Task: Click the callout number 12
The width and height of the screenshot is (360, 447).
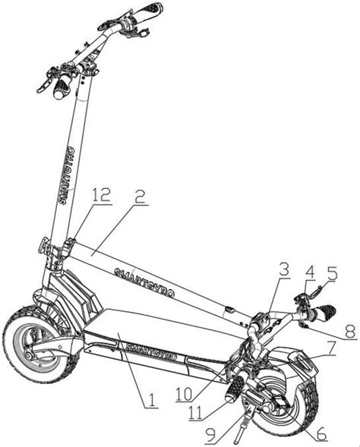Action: [100, 195]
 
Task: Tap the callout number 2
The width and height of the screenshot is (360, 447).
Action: [140, 196]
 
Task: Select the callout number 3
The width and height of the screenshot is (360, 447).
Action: [283, 269]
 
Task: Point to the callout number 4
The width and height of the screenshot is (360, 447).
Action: [310, 272]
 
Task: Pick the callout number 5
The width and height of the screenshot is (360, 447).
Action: [332, 273]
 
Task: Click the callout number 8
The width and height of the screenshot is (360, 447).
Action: [349, 332]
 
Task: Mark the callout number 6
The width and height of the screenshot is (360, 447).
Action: [321, 433]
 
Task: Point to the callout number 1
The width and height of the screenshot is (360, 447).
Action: [152, 400]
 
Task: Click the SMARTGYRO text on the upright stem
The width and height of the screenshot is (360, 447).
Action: [68, 175]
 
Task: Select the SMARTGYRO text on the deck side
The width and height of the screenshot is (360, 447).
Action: [151, 351]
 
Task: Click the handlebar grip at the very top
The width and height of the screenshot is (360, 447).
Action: [148, 10]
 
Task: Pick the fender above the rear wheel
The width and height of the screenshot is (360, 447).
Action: [294, 360]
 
